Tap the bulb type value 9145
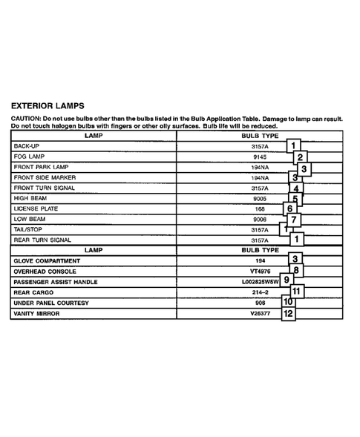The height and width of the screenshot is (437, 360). (260, 157)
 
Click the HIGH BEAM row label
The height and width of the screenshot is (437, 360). (31, 199)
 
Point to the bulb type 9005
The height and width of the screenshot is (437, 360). (260, 199)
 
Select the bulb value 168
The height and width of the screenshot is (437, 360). (260, 209)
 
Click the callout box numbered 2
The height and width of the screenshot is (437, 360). (300, 157)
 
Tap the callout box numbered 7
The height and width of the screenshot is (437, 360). (295, 220)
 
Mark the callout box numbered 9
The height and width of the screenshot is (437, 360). (287, 280)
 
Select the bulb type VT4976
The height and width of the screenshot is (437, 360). (260, 272)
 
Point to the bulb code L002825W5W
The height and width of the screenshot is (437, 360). (260, 283)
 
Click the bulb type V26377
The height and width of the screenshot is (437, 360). (260, 314)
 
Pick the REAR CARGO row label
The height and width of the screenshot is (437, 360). (33, 293)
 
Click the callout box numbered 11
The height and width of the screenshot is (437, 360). (297, 291)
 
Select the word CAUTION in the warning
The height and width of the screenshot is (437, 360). (27, 119)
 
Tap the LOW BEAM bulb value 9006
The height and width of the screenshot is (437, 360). (260, 220)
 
